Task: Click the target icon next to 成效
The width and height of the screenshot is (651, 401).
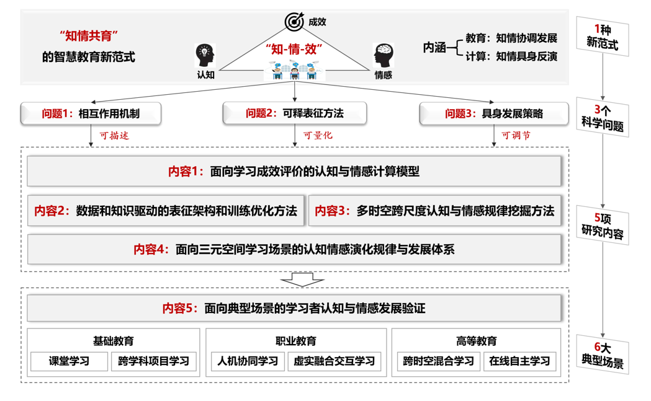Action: (x=294, y=22)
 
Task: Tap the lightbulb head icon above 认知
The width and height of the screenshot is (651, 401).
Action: (x=205, y=55)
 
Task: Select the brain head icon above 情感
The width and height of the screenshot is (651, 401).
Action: (x=383, y=55)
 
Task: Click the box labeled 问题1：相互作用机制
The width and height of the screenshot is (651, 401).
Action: (x=91, y=113)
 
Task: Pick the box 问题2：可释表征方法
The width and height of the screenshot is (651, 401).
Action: (x=294, y=113)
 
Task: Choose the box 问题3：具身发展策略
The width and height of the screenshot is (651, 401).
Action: (x=493, y=113)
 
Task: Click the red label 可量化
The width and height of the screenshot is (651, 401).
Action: (x=317, y=136)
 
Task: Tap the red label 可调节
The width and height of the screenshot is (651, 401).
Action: (x=516, y=136)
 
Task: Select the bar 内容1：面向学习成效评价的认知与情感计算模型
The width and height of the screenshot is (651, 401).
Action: (x=294, y=172)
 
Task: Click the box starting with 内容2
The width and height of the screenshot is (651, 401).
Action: (x=166, y=211)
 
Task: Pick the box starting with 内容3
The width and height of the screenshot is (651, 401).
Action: (x=434, y=211)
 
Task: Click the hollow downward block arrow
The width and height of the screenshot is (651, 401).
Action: (x=303, y=280)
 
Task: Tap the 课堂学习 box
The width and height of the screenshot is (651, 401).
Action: (x=70, y=361)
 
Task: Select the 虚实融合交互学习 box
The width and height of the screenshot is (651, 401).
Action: (x=334, y=361)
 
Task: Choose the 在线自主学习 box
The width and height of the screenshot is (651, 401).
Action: (x=519, y=361)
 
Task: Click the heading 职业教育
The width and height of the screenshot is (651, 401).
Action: (x=295, y=341)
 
